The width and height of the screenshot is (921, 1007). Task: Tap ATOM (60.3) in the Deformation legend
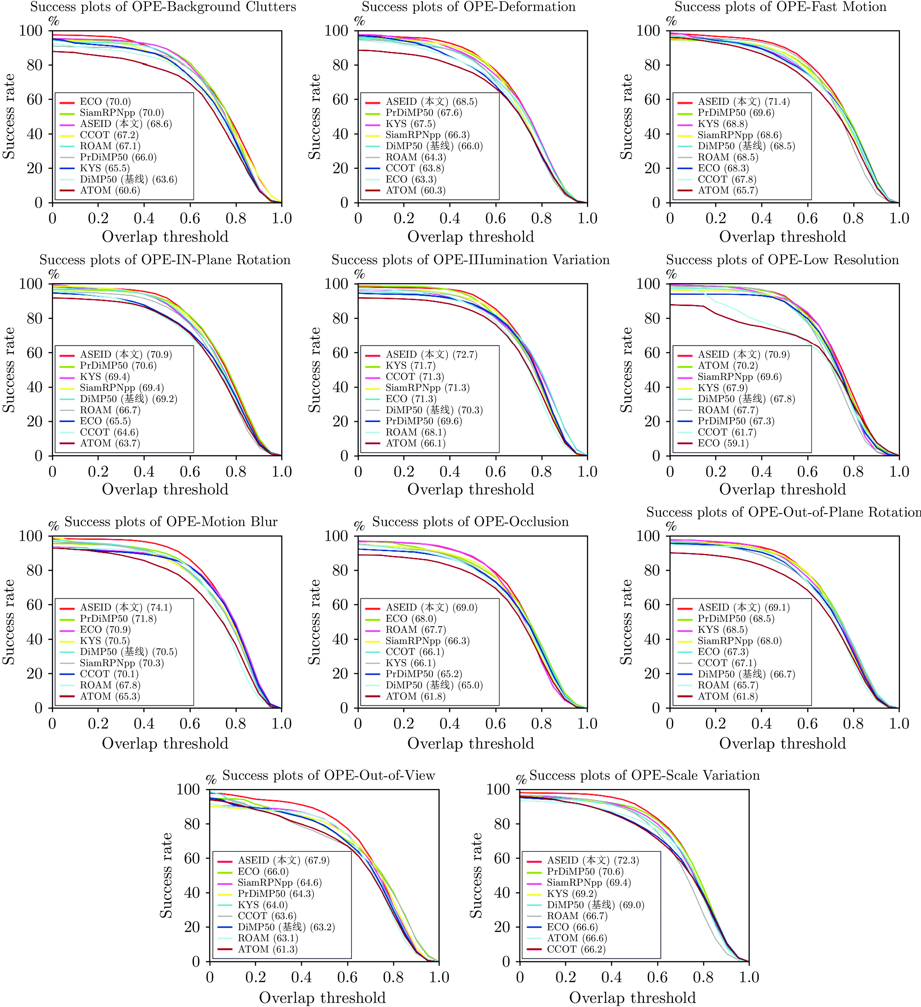point(415,190)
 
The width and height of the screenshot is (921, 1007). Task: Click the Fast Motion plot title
point(780,7)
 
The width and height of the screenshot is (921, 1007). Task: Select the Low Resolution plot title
point(782,260)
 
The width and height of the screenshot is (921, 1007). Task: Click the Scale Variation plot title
point(644,775)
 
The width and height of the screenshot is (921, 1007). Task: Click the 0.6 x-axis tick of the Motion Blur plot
point(190,724)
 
